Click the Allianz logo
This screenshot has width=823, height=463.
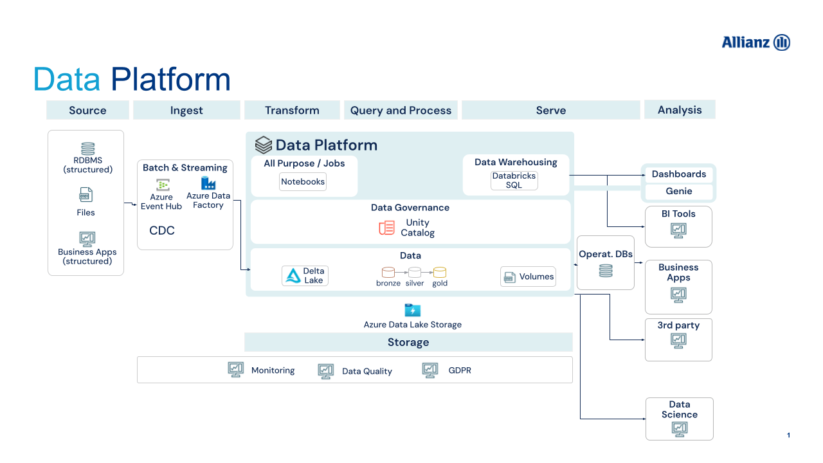[x=755, y=42]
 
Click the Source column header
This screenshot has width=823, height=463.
[x=87, y=110]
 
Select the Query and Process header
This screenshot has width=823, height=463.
[x=401, y=110]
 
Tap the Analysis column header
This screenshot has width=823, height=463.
[x=680, y=109]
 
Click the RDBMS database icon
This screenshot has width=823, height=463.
[x=87, y=149]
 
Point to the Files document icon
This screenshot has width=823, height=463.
[x=86, y=194]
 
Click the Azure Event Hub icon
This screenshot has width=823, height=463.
[x=163, y=185]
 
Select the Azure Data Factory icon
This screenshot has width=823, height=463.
[x=208, y=183]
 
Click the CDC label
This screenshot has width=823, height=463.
[x=162, y=230]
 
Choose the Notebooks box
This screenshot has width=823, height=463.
[x=303, y=181]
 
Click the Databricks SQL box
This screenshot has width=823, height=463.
[x=514, y=180]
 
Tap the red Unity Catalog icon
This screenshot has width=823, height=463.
[x=386, y=228]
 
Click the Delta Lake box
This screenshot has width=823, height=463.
[x=305, y=276]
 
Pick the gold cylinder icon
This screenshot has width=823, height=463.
[x=439, y=272]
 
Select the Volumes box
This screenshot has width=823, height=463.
[x=528, y=277]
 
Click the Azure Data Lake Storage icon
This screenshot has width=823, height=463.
[x=412, y=310]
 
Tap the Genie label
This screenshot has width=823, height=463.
[x=679, y=191]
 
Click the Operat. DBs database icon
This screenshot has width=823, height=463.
[x=606, y=271]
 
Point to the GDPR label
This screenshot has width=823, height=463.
[x=460, y=370]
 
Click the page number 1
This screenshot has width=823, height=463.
[x=788, y=435]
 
